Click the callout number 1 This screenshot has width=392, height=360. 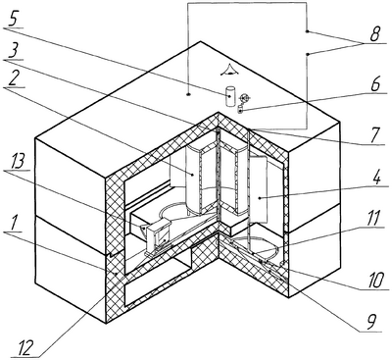click(x=12, y=224)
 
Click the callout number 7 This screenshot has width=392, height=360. click(x=376, y=136)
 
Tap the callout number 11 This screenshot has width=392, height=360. click(x=372, y=219)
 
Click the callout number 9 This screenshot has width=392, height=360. click(x=371, y=324)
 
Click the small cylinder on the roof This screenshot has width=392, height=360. click(x=230, y=95)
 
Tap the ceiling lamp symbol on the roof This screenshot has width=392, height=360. click(x=230, y=70)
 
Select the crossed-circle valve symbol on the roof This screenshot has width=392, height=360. click(x=244, y=97)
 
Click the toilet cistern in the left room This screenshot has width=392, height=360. click(x=158, y=233)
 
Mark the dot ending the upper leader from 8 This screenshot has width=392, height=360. click(x=308, y=31)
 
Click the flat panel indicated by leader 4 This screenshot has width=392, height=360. click(x=259, y=190)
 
